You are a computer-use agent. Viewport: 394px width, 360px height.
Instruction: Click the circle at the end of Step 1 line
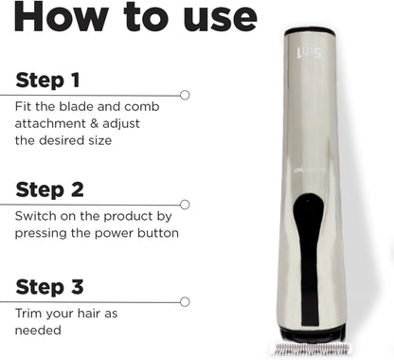click(x=185, y=95)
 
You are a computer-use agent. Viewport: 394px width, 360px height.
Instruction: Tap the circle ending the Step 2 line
click(x=185, y=204)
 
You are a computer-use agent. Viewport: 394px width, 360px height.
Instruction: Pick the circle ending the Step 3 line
click(x=185, y=302)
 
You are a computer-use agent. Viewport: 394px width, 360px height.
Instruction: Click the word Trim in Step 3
click(x=28, y=314)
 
